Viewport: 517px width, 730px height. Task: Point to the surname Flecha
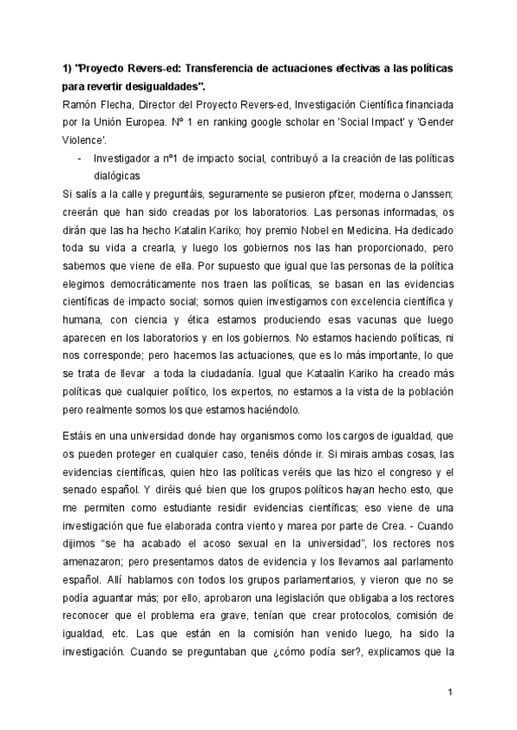122,104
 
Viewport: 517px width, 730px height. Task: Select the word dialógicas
116,176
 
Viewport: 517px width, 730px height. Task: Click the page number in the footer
451,692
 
